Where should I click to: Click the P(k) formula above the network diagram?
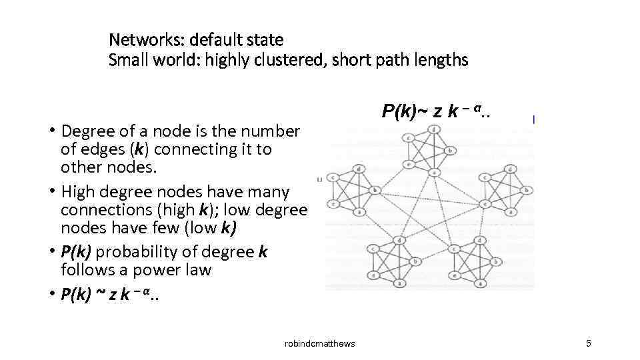pos(437,111)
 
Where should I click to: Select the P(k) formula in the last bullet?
pos(110,295)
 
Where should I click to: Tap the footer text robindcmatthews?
pos(320,343)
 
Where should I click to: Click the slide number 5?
pos(589,343)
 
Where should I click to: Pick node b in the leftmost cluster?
pos(374,190)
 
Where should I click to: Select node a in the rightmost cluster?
pos(510,213)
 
